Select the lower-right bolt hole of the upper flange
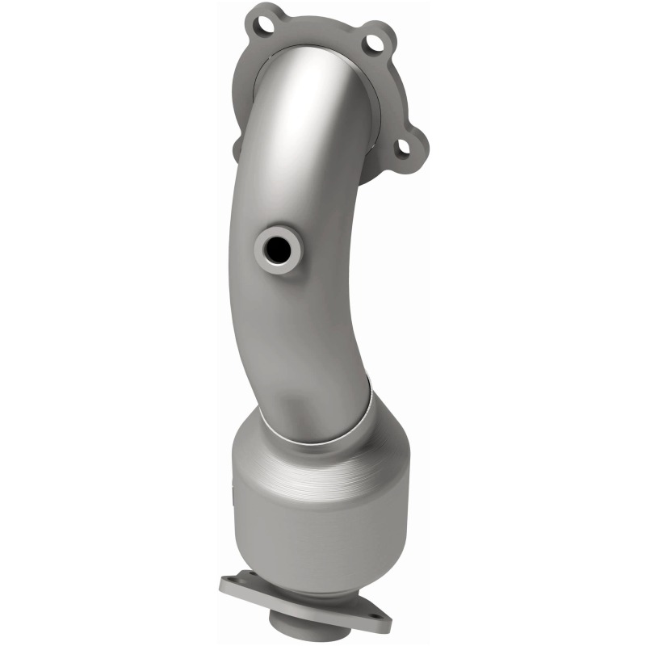401,147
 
